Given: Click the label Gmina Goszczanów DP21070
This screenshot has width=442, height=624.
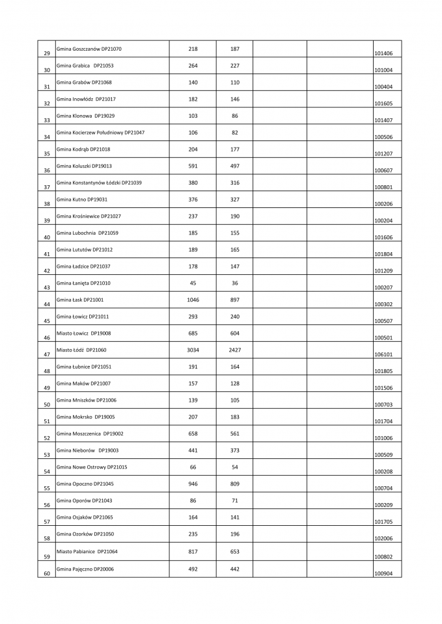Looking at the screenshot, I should pyautogui.click(x=89, y=49).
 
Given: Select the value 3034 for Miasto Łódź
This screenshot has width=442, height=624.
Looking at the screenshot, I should pyautogui.click(x=193, y=350).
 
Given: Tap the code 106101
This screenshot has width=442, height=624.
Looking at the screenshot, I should pyautogui.click(x=383, y=355).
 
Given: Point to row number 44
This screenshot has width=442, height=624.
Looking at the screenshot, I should pyautogui.click(x=47, y=304).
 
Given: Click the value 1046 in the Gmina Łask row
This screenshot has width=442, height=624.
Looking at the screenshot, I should pyautogui.click(x=193, y=300).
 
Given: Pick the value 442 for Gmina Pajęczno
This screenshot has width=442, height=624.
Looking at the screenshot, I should pyautogui.click(x=234, y=568).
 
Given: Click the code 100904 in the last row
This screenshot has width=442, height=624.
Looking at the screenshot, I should pyautogui.click(x=383, y=573).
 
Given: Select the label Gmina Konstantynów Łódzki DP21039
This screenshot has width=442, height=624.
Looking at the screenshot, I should pyautogui.click(x=99, y=183).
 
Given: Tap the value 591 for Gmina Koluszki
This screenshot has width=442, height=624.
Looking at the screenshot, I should pyautogui.click(x=193, y=166).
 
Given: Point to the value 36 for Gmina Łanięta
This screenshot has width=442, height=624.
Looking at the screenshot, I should pyautogui.click(x=234, y=283).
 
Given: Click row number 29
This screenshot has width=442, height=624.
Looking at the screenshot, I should pyautogui.click(x=47, y=53).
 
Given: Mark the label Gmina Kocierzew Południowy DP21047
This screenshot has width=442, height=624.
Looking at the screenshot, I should pyautogui.click(x=101, y=133).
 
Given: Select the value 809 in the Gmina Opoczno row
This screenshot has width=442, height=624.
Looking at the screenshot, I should pyautogui.click(x=234, y=484).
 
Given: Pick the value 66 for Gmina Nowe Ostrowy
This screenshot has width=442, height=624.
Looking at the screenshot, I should pyautogui.click(x=193, y=467).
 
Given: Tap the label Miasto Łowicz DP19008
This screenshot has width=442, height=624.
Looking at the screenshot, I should pyautogui.click(x=84, y=333).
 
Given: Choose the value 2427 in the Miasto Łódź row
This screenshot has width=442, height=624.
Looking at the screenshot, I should pyautogui.click(x=234, y=350).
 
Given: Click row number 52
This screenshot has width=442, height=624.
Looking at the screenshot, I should pyautogui.click(x=47, y=439).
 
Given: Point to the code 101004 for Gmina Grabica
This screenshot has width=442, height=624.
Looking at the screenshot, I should pyautogui.click(x=383, y=70).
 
